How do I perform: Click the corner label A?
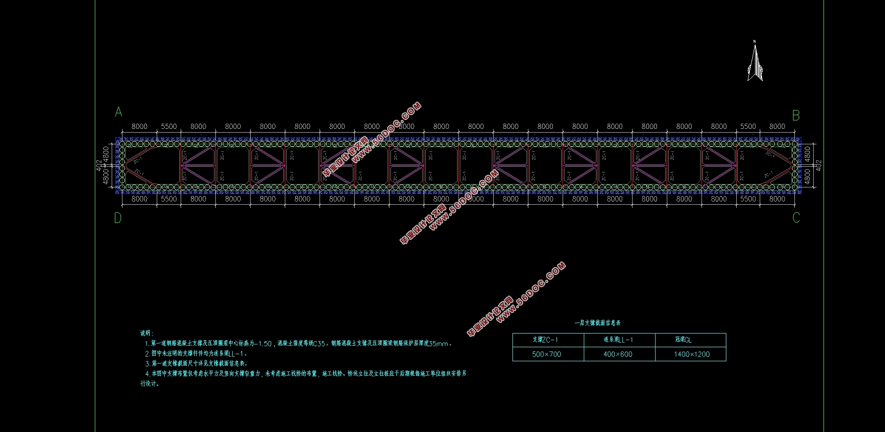[119, 112]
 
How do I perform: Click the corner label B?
[796, 116]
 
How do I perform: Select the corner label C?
[796, 218]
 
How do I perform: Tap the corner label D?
[118, 218]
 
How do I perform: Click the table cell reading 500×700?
[547, 354]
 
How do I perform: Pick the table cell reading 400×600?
[618, 354]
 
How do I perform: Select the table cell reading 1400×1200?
[692, 354]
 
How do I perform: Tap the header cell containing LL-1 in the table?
[618, 340]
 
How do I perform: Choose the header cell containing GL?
[683, 340]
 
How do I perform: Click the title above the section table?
[598, 323]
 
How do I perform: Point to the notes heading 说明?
[147, 333]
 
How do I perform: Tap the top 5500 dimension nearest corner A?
[169, 127]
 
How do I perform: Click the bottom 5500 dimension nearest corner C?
[748, 199]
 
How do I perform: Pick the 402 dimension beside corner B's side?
[819, 165]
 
